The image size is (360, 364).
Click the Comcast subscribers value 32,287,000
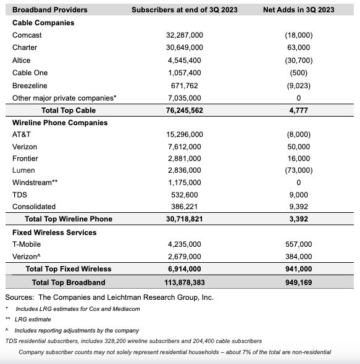[x=185, y=35]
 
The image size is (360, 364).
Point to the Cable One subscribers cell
[x=185, y=73]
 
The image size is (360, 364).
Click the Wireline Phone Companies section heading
[x=60, y=123]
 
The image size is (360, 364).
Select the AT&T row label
[x=23, y=134]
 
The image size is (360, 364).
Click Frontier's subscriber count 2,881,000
[x=185, y=159]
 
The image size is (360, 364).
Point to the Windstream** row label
[x=35, y=183]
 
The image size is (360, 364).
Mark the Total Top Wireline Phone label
[x=68, y=219]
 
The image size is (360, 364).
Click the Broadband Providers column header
[x=50, y=10]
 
